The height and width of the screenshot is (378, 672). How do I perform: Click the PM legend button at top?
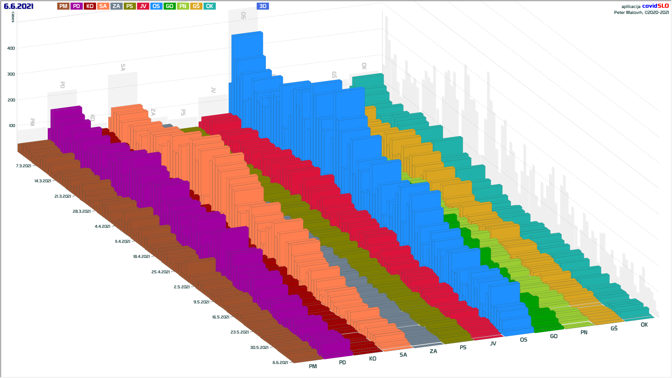point(63,6)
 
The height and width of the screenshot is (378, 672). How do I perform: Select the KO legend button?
point(90,6)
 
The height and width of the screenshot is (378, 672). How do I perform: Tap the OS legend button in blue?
point(156,6)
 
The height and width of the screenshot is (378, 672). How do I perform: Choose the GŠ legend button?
point(196,6)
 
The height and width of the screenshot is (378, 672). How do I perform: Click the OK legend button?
point(209,6)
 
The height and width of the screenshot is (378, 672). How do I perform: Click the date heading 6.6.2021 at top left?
point(19,6)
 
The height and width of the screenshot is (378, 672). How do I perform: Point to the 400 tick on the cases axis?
point(11,48)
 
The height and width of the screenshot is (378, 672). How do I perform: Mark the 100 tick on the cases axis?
point(12,126)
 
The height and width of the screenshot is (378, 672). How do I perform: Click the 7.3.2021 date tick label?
point(23,166)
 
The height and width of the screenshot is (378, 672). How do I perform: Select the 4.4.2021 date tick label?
point(103,226)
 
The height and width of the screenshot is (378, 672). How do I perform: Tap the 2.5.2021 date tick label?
point(182,287)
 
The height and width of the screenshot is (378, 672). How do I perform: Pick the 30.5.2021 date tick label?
point(259,348)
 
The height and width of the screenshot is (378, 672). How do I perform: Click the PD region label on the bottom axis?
point(342,363)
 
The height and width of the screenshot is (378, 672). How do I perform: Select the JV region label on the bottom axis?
point(493,344)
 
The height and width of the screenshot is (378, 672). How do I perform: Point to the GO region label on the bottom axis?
point(554,336)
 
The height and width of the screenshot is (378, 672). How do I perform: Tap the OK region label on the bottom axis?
point(644,325)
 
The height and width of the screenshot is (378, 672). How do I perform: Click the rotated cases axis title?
point(13,17)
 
